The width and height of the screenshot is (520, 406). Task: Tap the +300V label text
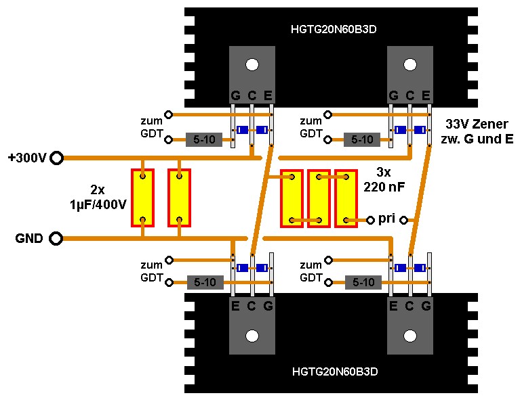[x=27, y=158]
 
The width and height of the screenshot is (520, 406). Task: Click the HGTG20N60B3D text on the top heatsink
[x=334, y=30]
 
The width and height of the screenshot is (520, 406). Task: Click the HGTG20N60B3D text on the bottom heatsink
[x=334, y=371]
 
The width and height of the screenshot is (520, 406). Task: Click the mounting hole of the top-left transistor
[x=252, y=64]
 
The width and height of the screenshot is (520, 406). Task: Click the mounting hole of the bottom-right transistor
[x=410, y=336]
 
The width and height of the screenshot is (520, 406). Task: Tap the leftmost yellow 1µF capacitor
[x=143, y=198]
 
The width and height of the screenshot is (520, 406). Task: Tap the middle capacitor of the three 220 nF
[x=319, y=198]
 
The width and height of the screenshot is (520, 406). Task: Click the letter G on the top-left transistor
[x=235, y=95]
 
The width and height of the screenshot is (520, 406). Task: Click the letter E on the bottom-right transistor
[x=393, y=306]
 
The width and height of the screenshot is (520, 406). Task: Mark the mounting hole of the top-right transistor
[x=410, y=64]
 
